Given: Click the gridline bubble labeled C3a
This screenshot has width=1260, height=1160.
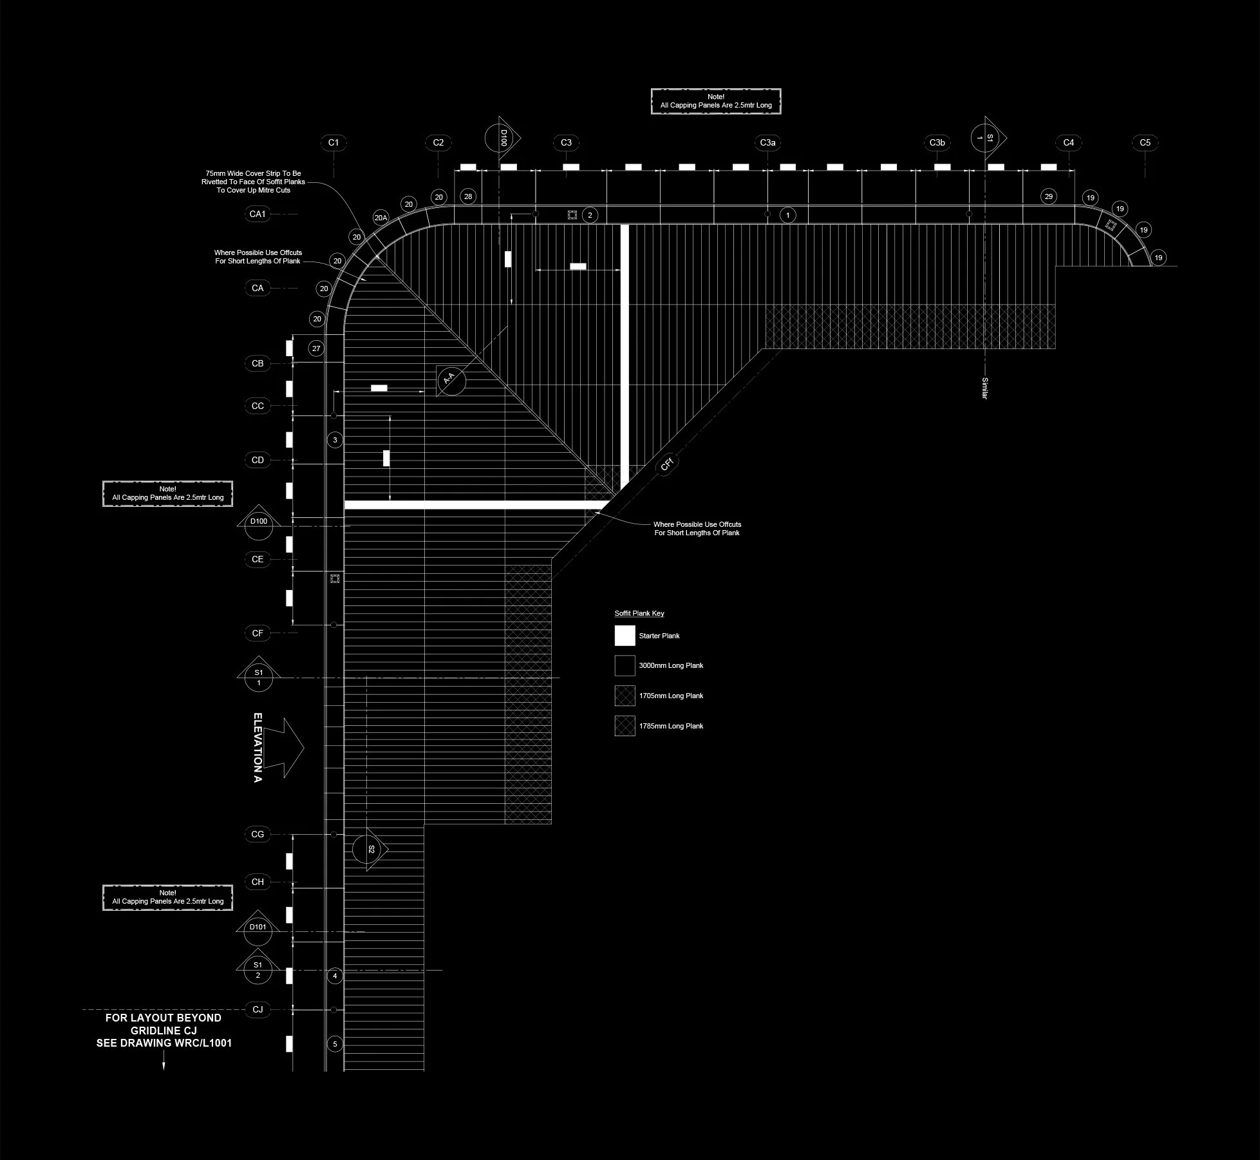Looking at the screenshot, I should pos(767,142).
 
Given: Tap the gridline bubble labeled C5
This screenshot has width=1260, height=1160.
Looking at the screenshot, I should pos(1145,142).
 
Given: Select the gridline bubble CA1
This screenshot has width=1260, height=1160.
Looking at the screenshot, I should pos(258,214).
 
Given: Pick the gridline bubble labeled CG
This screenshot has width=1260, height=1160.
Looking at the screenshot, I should pos(258,834).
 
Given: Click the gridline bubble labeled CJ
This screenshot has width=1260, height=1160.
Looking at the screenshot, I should pos(258,1009).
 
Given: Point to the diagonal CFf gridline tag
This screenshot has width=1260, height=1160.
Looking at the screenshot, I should pos(667,463).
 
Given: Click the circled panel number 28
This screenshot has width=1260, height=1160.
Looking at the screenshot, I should pos(468,196).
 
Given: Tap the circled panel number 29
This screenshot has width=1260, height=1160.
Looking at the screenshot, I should pos(1049,196).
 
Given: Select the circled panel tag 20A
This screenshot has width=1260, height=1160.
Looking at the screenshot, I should pos(381,218).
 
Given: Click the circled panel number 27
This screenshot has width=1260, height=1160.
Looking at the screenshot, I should pos(315,348).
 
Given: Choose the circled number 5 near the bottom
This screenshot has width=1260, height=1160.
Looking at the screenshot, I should pos(335,1044).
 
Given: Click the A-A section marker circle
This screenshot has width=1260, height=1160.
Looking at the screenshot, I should pos(451,379).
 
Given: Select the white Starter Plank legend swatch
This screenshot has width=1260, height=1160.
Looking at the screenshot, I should pos(625,636).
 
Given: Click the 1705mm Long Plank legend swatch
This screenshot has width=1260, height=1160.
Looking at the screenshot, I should pos(625,696).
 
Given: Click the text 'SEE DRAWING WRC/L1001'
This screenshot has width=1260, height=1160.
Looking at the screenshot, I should pos(164,1043).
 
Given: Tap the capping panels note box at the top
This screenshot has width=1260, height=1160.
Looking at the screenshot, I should pos(716,101).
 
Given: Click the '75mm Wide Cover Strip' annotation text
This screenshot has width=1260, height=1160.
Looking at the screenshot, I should pos(253,182).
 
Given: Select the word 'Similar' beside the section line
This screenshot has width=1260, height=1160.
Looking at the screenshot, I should pos(984,388).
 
